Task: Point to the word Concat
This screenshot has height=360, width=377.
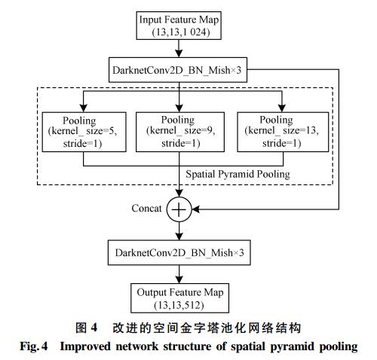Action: (x=146, y=209)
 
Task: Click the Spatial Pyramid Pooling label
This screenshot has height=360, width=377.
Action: (x=238, y=174)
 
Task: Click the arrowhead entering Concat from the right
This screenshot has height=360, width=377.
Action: (x=196, y=209)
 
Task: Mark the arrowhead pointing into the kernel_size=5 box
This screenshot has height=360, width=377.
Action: (x=84, y=108)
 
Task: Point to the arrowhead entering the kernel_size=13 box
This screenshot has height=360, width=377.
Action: (x=282, y=108)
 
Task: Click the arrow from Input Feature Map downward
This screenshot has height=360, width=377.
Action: (x=179, y=48)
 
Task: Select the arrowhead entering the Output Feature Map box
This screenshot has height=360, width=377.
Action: (x=179, y=279)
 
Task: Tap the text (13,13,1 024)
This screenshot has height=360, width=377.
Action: (x=181, y=32)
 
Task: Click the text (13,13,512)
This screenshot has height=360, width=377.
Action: (x=179, y=305)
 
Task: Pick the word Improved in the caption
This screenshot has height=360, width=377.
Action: (x=85, y=346)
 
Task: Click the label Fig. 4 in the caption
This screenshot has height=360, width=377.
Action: (x=34, y=346)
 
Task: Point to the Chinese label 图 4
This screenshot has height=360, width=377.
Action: (x=86, y=328)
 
